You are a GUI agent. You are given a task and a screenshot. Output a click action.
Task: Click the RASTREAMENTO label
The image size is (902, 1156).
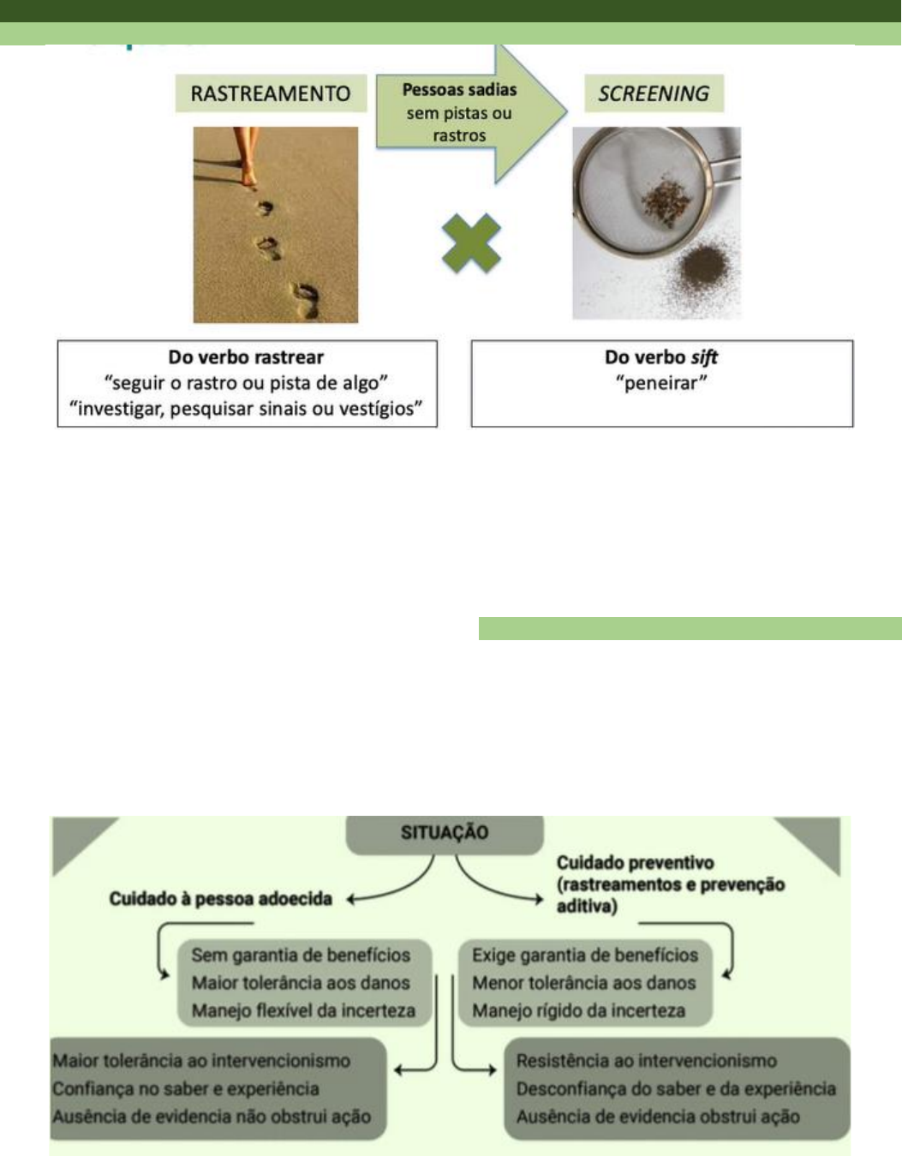pyautogui.click(x=270, y=93)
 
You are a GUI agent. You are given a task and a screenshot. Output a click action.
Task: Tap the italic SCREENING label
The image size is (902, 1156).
pyautogui.click(x=654, y=93)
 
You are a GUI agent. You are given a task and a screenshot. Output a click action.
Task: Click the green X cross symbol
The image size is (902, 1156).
pyautogui.click(x=471, y=243)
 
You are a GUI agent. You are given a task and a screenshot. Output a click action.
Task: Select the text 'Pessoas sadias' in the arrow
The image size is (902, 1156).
pyautogui.click(x=459, y=90)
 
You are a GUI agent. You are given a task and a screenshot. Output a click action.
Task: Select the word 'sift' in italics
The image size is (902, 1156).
pyautogui.click(x=704, y=357)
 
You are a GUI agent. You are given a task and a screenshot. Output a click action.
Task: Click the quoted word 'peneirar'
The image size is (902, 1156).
pyautogui.click(x=661, y=383)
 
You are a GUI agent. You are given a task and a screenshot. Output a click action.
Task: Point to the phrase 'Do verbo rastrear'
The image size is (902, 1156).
pyautogui.click(x=246, y=357)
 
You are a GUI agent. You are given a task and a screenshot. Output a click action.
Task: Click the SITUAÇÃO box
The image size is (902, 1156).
pyautogui.click(x=445, y=833)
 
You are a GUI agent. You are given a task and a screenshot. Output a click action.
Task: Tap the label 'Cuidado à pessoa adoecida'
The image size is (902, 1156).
pyautogui.click(x=220, y=899)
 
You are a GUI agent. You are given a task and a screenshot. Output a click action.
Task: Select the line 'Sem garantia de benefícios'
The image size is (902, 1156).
pyautogui.click(x=301, y=955)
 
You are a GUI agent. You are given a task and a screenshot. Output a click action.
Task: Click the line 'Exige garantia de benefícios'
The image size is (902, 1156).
pyautogui.click(x=585, y=955)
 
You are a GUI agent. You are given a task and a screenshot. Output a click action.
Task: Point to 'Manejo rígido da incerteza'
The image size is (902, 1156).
pyautogui.click(x=578, y=1011)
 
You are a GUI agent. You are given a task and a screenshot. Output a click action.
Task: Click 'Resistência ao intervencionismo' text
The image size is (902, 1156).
pyautogui.click(x=646, y=1061)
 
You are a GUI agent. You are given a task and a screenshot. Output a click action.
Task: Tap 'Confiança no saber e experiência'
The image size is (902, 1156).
pyautogui.click(x=186, y=1089)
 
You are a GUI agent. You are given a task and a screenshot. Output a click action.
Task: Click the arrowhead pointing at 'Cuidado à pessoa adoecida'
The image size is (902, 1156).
pyautogui.click(x=351, y=900)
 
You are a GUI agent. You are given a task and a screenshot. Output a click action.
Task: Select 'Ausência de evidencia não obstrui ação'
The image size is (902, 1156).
pyautogui.click(x=212, y=1117)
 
